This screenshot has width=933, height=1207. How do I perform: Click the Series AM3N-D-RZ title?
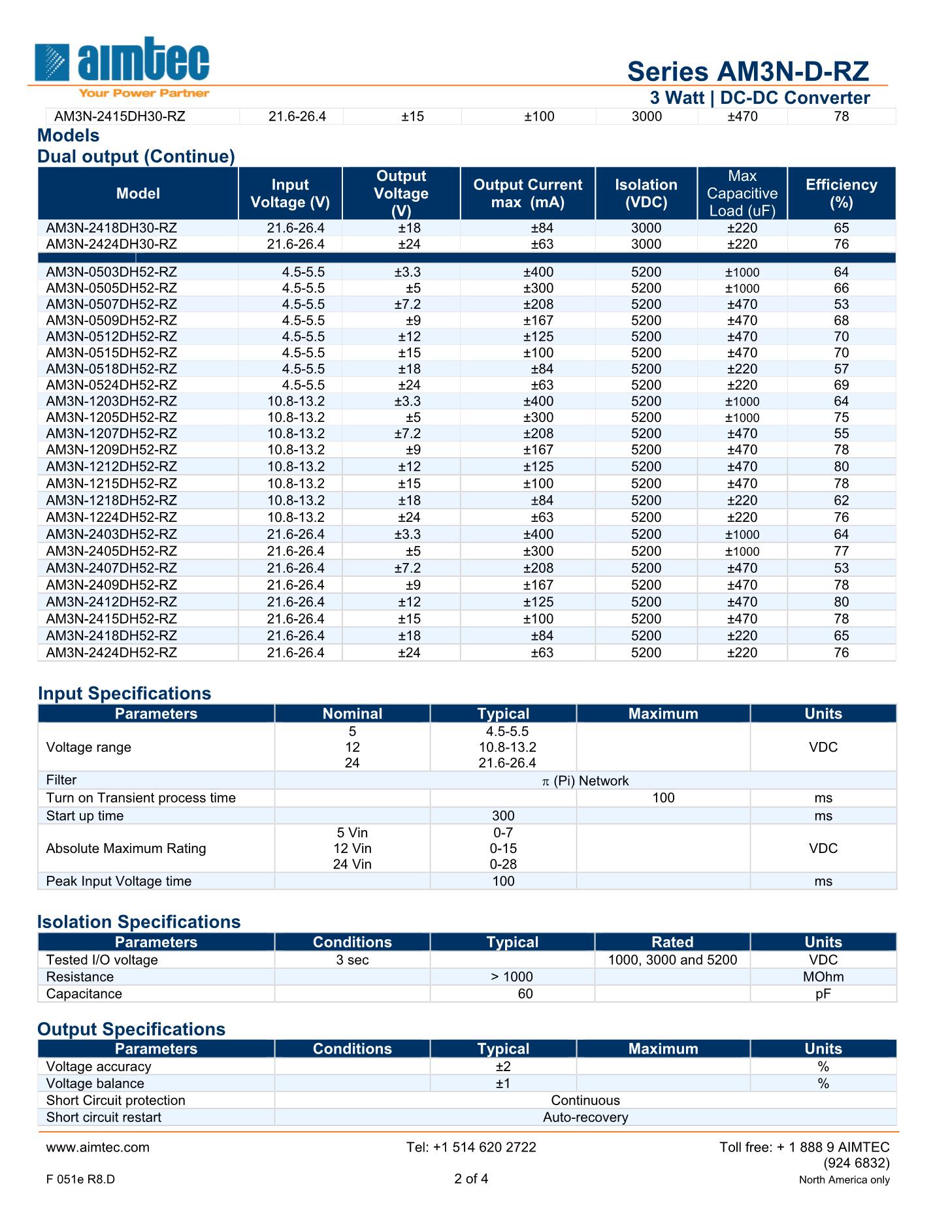click(x=747, y=71)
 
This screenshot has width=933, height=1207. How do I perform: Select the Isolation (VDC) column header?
click(x=646, y=193)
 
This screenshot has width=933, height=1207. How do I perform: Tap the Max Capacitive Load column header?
click(x=742, y=193)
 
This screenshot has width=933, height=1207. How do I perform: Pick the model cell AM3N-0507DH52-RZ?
click(x=112, y=304)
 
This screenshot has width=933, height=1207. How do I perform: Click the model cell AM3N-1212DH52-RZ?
click(x=112, y=466)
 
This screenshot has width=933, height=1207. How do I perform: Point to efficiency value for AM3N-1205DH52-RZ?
click(x=841, y=417)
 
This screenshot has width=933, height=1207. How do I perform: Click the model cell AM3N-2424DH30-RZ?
click(x=112, y=244)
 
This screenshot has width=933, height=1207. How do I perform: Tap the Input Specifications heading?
click(x=124, y=694)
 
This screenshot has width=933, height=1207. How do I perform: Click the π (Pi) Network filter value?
click(x=585, y=781)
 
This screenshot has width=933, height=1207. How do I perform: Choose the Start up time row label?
click(x=85, y=816)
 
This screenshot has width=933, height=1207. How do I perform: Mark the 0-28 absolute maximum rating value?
click(x=503, y=864)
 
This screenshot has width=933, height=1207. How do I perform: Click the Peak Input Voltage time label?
click(x=119, y=881)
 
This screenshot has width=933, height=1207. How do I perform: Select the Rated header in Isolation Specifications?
click(x=672, y=942)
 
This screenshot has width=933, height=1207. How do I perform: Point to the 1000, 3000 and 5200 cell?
click(x=672, y=959)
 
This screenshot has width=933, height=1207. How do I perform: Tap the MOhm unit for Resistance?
click(x=823, y=976)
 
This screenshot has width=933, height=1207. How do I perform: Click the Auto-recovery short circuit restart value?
click(x=585, y=1117)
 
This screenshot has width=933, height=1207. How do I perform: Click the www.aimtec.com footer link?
click(x=98, y=1147)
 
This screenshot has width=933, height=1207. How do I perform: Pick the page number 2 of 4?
click(x=471, y=1178)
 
